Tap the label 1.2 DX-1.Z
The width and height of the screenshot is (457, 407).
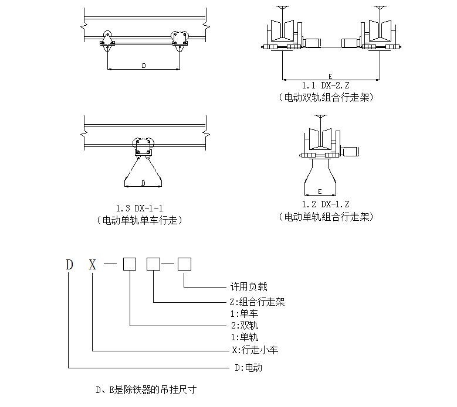point(326,204)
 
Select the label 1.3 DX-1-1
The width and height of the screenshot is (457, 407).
point(139,208)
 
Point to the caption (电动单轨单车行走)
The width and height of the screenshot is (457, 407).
point(139,221)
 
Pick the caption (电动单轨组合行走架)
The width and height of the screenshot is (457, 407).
point(326,217)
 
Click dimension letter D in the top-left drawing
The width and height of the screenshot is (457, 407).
point(144,66)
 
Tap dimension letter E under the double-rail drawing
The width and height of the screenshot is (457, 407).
point(330,76)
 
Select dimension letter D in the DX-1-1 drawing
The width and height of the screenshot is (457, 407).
point(143,183)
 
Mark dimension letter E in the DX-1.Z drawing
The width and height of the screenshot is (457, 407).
point(320,191)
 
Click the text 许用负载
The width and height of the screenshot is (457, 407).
point(249,287)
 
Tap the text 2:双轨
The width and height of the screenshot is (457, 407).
point(245,326)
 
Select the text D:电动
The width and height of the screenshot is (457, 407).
point(248,368)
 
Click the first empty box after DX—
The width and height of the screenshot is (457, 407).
point(129,265)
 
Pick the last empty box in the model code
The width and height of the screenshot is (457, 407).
point(184,265)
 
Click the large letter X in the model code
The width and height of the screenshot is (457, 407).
point(92,265)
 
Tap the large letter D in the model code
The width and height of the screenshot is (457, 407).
point(70,265)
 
